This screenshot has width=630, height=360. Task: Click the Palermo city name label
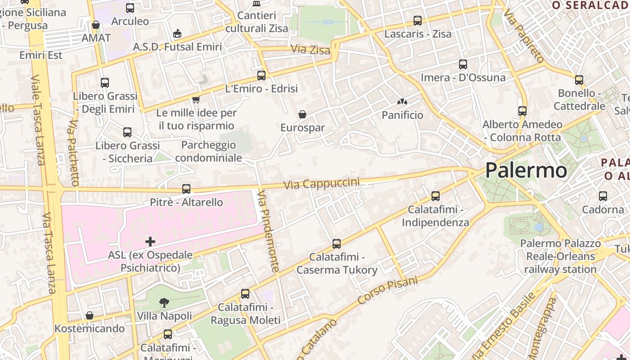pyautogui.click(x=526, y=171)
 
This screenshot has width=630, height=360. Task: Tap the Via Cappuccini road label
pyautogui.click(x=322, y=184)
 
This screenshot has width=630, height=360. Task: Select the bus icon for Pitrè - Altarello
pyautogui.click(x=186, y=189)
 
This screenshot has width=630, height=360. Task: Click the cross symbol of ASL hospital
pyautogui.click(x=150, y=242)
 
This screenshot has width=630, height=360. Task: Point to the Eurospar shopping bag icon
pyautogui.click(x=302, y=114)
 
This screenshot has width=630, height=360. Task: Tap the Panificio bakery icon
pyautogui.click(x=402, y=103)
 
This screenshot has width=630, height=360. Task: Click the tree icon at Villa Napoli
pyautogui.click(x=164, y=303)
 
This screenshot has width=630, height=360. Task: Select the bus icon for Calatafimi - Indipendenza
pyautogui.click(x=435, y=196)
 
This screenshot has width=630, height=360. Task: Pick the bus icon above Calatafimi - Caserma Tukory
pyautogui.click(x=336, y=244)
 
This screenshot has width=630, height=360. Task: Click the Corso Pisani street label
pyautogui.click(x=387, y=291)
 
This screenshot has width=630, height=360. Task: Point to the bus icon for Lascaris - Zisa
pyautogui.click(x=418, y=21)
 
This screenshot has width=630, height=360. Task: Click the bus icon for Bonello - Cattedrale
pyautogui.click(x=579, y=80)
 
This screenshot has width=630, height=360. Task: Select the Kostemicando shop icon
pyautogui.click(x=90, y=315)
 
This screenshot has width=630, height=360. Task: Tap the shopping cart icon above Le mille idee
pyautogui.click(x=196, y=99)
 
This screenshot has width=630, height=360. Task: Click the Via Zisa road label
pyautogui.click(x=310, y=49)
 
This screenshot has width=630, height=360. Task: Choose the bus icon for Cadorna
pyautogui.click(x=603, y=196)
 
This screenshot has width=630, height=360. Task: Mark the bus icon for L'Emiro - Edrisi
pyautogui.click(x=261, y=76)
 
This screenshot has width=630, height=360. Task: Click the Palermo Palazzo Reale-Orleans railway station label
pyautogui.click(x=560, y=256)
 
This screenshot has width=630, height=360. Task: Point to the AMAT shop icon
pyautogui.click(x=95, y=25)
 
